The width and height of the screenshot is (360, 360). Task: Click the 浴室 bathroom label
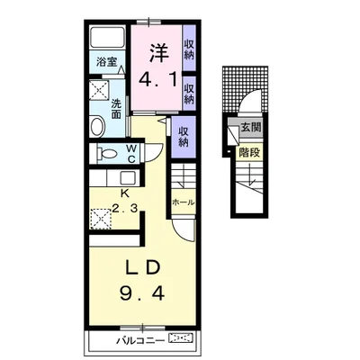(106, 62)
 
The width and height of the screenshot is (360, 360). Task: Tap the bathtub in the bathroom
(107, 37)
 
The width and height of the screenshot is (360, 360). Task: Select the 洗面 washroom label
(116, 109)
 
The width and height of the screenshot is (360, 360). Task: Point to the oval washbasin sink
(97, 127)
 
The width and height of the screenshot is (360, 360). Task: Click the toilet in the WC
(106, 154)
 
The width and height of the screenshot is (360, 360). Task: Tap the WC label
(131, 154)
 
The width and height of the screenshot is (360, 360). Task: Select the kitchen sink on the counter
(128, 178)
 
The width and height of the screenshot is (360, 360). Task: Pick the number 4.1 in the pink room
(157, 79)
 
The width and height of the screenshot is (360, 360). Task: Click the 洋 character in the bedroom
(157, 53)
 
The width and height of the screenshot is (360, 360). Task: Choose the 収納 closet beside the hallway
(184, 137)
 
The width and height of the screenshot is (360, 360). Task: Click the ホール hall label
(183, 202)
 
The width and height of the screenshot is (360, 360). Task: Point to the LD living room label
(141, 268)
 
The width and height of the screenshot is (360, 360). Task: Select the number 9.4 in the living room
(142, 292)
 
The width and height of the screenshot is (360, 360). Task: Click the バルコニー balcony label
(140, 340)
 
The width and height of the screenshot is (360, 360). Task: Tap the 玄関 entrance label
(251, 128)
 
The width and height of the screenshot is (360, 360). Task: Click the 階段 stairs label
(249, 153)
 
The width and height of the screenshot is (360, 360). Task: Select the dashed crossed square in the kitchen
(101, 219)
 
